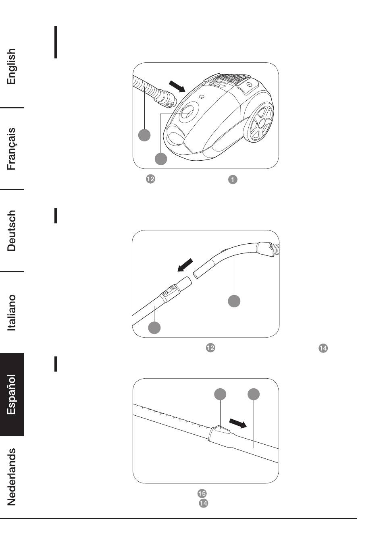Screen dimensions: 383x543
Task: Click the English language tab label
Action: click(x=12, y=66)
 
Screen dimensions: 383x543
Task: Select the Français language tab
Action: click(x=12, y=149)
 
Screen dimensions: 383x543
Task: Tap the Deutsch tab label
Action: click(x=12, y=230)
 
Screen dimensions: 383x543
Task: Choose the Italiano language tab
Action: click(x=12, y=313)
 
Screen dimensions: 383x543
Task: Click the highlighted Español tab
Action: click(x=12, y=395)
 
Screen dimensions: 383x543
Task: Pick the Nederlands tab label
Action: click(x=12, y=477)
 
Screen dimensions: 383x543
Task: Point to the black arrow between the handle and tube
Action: click(x=185, y=265)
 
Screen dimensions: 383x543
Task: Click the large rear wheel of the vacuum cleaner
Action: click(x=260, y=123)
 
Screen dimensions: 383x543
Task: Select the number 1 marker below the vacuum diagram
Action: click(x=233, y=180)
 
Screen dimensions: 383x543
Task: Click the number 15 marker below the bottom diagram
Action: click(x=202, y=493)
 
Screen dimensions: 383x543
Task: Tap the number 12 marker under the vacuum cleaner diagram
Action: click(x=150, y=179)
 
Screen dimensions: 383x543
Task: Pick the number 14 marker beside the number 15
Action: click(x=204, y=503)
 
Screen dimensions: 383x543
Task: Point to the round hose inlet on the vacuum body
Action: click(x=187, y=112)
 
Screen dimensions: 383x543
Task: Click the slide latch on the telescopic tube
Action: click(x=221, y=432)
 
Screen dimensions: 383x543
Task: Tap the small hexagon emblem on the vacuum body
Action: click(x=202, y=97)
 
